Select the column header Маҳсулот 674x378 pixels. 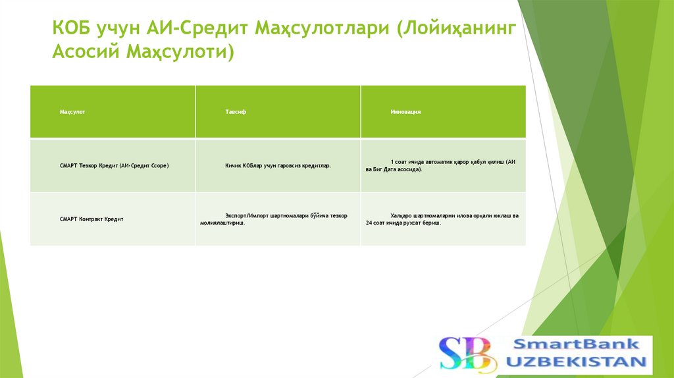pyautogui.click(x=72, y=112)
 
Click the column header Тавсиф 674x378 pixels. pyautogui.click(x=236, y=112)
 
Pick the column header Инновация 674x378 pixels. pyautogui.click(x=405, y=112)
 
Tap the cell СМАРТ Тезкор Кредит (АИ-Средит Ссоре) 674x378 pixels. pyautogui.click(x=115, y=166)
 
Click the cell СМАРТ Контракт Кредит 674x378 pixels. pyautogui.click(x=91, y=219)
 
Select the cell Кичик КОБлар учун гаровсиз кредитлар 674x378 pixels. pyautogui.click(x=278, y=166)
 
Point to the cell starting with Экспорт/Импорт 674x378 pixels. pyautogui.click(x=278, y=219)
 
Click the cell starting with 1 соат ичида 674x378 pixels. pyautogui.click(x=443, y=165)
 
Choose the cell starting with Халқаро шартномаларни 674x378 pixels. pyautogui.click(x=443, y=219)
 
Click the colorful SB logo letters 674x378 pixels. pyautogui.click(x=465, y=354)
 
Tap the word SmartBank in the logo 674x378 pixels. pyautogui.click(x=575, y=344)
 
